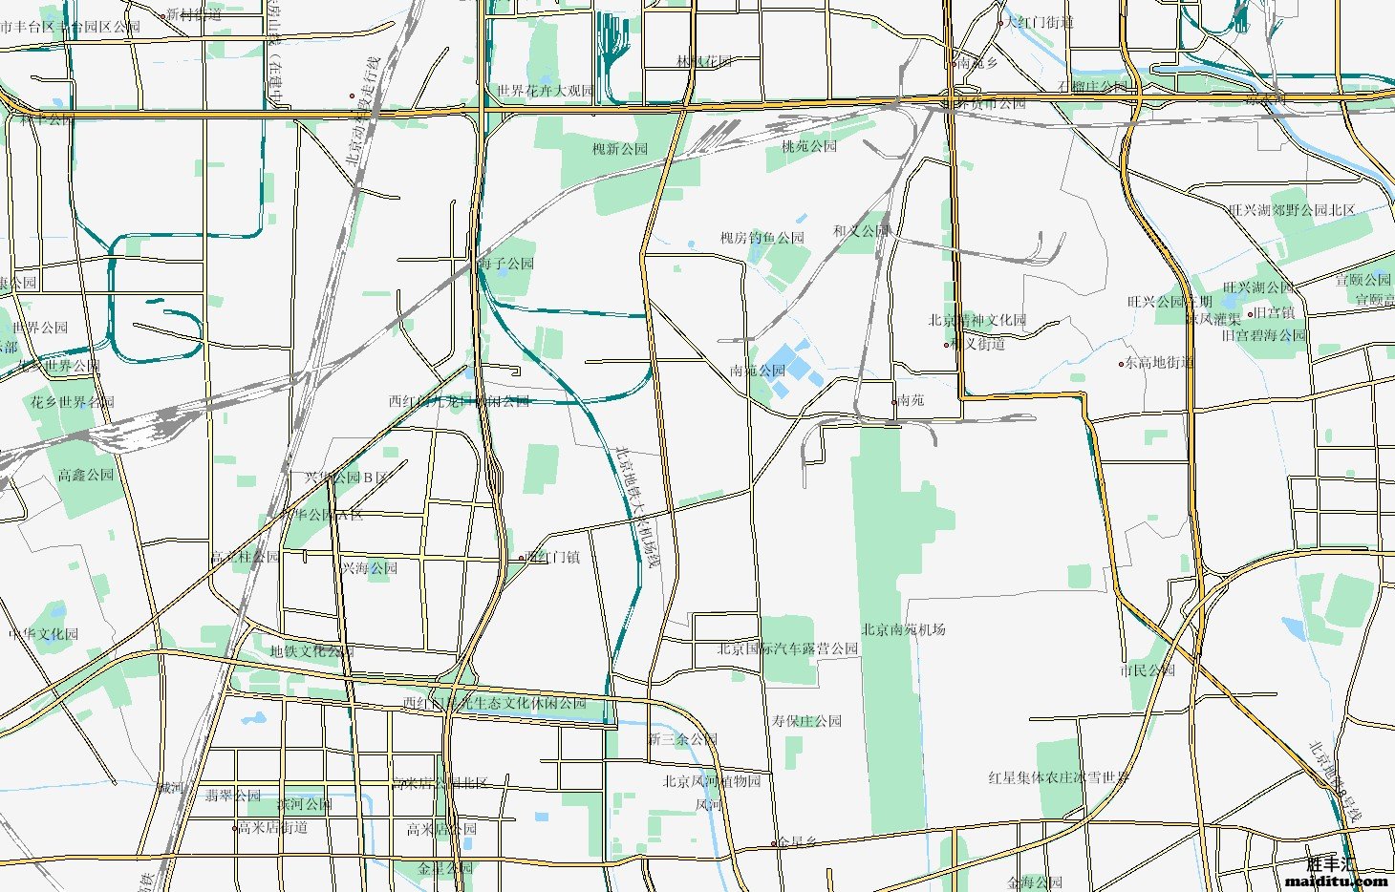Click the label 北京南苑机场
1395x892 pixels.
(x=903, y=629)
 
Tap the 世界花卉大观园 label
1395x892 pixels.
(x=545, y=91)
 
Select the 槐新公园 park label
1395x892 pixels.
(x=620, y=149)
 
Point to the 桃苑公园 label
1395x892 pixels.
(x=808, y=146)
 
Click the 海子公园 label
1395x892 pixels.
(x=506, y=263)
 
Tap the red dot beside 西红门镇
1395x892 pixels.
(x=522, y=557)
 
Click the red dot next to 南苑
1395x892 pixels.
(x=894, y=401)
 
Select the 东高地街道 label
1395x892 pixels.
(x=1159, y=363)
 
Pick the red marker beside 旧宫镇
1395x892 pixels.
(x=1250, y=313)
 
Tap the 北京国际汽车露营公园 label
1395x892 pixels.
(x=788, y=648)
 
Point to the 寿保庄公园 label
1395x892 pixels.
(x=806, y=720)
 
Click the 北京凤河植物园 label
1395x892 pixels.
(x=712, y=780)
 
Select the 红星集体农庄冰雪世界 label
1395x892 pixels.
(x=1059, y=777)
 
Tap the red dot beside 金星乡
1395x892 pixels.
(x=774, y=843)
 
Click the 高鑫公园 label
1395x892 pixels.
(x=85, y=475)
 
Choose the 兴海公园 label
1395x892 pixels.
(x=369, y=568)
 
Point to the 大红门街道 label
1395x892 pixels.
(x=1040, y=22)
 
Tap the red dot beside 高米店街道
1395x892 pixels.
(x=235, y=828)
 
